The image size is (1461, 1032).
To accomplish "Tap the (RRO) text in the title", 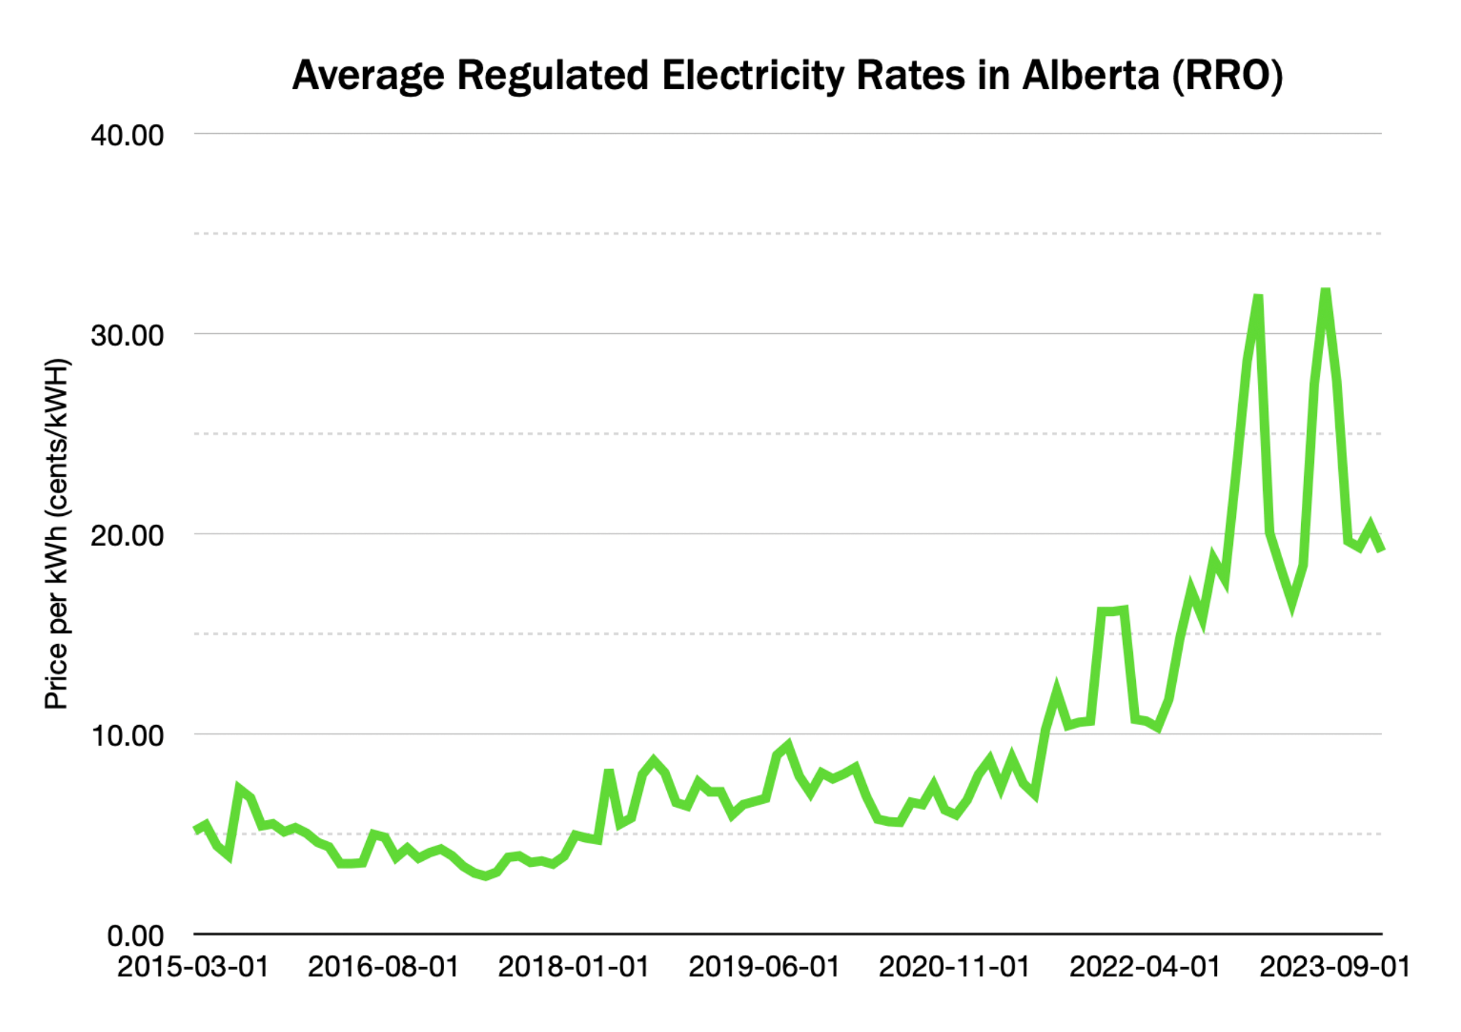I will (1227, 76).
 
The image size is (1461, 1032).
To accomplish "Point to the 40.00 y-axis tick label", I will (127, 136).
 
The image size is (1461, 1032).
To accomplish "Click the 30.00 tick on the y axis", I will (127, 335).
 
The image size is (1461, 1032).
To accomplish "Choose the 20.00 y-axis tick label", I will (127, 536).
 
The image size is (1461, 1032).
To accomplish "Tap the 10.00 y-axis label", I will (127, 736).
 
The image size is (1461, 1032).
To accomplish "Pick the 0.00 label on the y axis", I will (135, 936).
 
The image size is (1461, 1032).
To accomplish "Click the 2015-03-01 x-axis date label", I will (193, 967).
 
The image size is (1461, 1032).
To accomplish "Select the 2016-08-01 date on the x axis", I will (383, 967).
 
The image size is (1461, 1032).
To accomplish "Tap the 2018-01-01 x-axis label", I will (573, 967).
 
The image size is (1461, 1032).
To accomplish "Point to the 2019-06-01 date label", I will (764, 967).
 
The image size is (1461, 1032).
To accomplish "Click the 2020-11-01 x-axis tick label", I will (954, 967).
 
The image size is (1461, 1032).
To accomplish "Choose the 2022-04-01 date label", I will (1145, 967).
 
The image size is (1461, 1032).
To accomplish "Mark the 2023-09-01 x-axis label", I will (1335, 967).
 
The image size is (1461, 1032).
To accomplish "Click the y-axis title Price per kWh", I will (56, 534).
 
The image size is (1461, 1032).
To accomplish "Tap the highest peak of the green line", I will (1325, 292).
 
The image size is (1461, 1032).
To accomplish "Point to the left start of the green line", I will (196, 830).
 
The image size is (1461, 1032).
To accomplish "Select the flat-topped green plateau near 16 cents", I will (1113, 611).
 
